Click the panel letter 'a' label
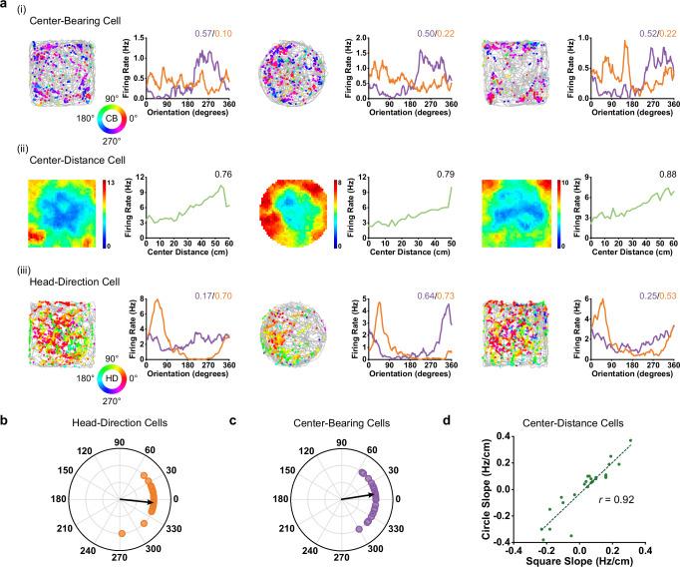7,6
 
